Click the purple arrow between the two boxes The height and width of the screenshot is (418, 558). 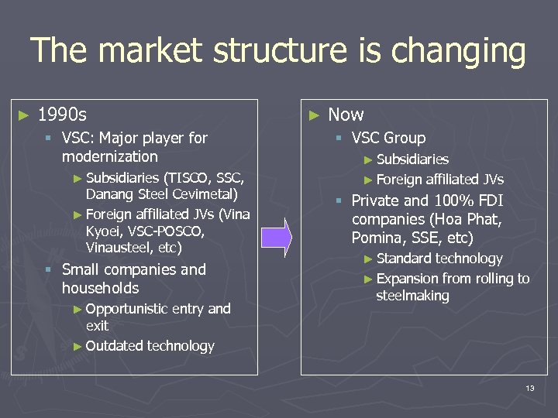click(276, 237)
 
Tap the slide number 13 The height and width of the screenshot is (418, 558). click(529, 387)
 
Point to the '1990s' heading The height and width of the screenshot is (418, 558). click(62, 115)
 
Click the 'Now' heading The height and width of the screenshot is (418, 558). click(346, 115)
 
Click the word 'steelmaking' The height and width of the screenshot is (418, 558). click(412, 296)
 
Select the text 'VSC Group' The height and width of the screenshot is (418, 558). click(388, 138)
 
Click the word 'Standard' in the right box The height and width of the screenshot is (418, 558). click(404, 259)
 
